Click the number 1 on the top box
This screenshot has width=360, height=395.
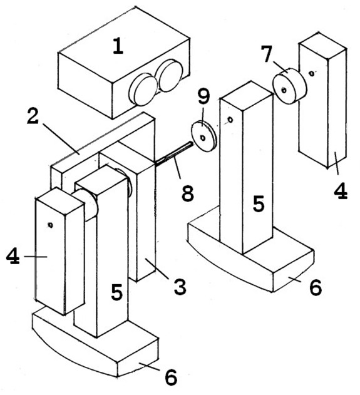click(x=118, y=46)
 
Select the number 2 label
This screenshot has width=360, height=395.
click(x=33, y=116)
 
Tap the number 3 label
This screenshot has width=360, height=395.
click(x=180, y=287)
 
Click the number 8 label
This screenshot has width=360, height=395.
click(x=188, y=193)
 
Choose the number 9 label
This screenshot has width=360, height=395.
click(x=203, y=96)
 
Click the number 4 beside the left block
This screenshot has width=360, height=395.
click(x=13, y=256)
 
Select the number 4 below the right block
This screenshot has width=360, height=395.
click(x=341, y=191)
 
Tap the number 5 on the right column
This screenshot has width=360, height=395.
click(x=259, y=203)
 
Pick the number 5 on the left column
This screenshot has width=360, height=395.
click(x=116, y=292)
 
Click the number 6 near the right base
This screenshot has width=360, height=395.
click(x=316, y=287)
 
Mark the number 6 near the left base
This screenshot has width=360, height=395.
click(x=171, y=377)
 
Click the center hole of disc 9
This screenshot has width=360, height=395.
click(x=203, y=138)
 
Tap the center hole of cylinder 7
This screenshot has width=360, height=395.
click(x=284, y=90)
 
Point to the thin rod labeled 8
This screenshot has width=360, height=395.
click(x=174, y=154)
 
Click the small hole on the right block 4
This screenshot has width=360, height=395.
click(x=312, y=73)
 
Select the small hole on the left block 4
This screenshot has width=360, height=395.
click(x=50, y=225)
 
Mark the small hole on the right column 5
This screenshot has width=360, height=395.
click(x=230, y=120)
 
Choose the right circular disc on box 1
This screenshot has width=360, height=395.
click(x=170, y=76)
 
